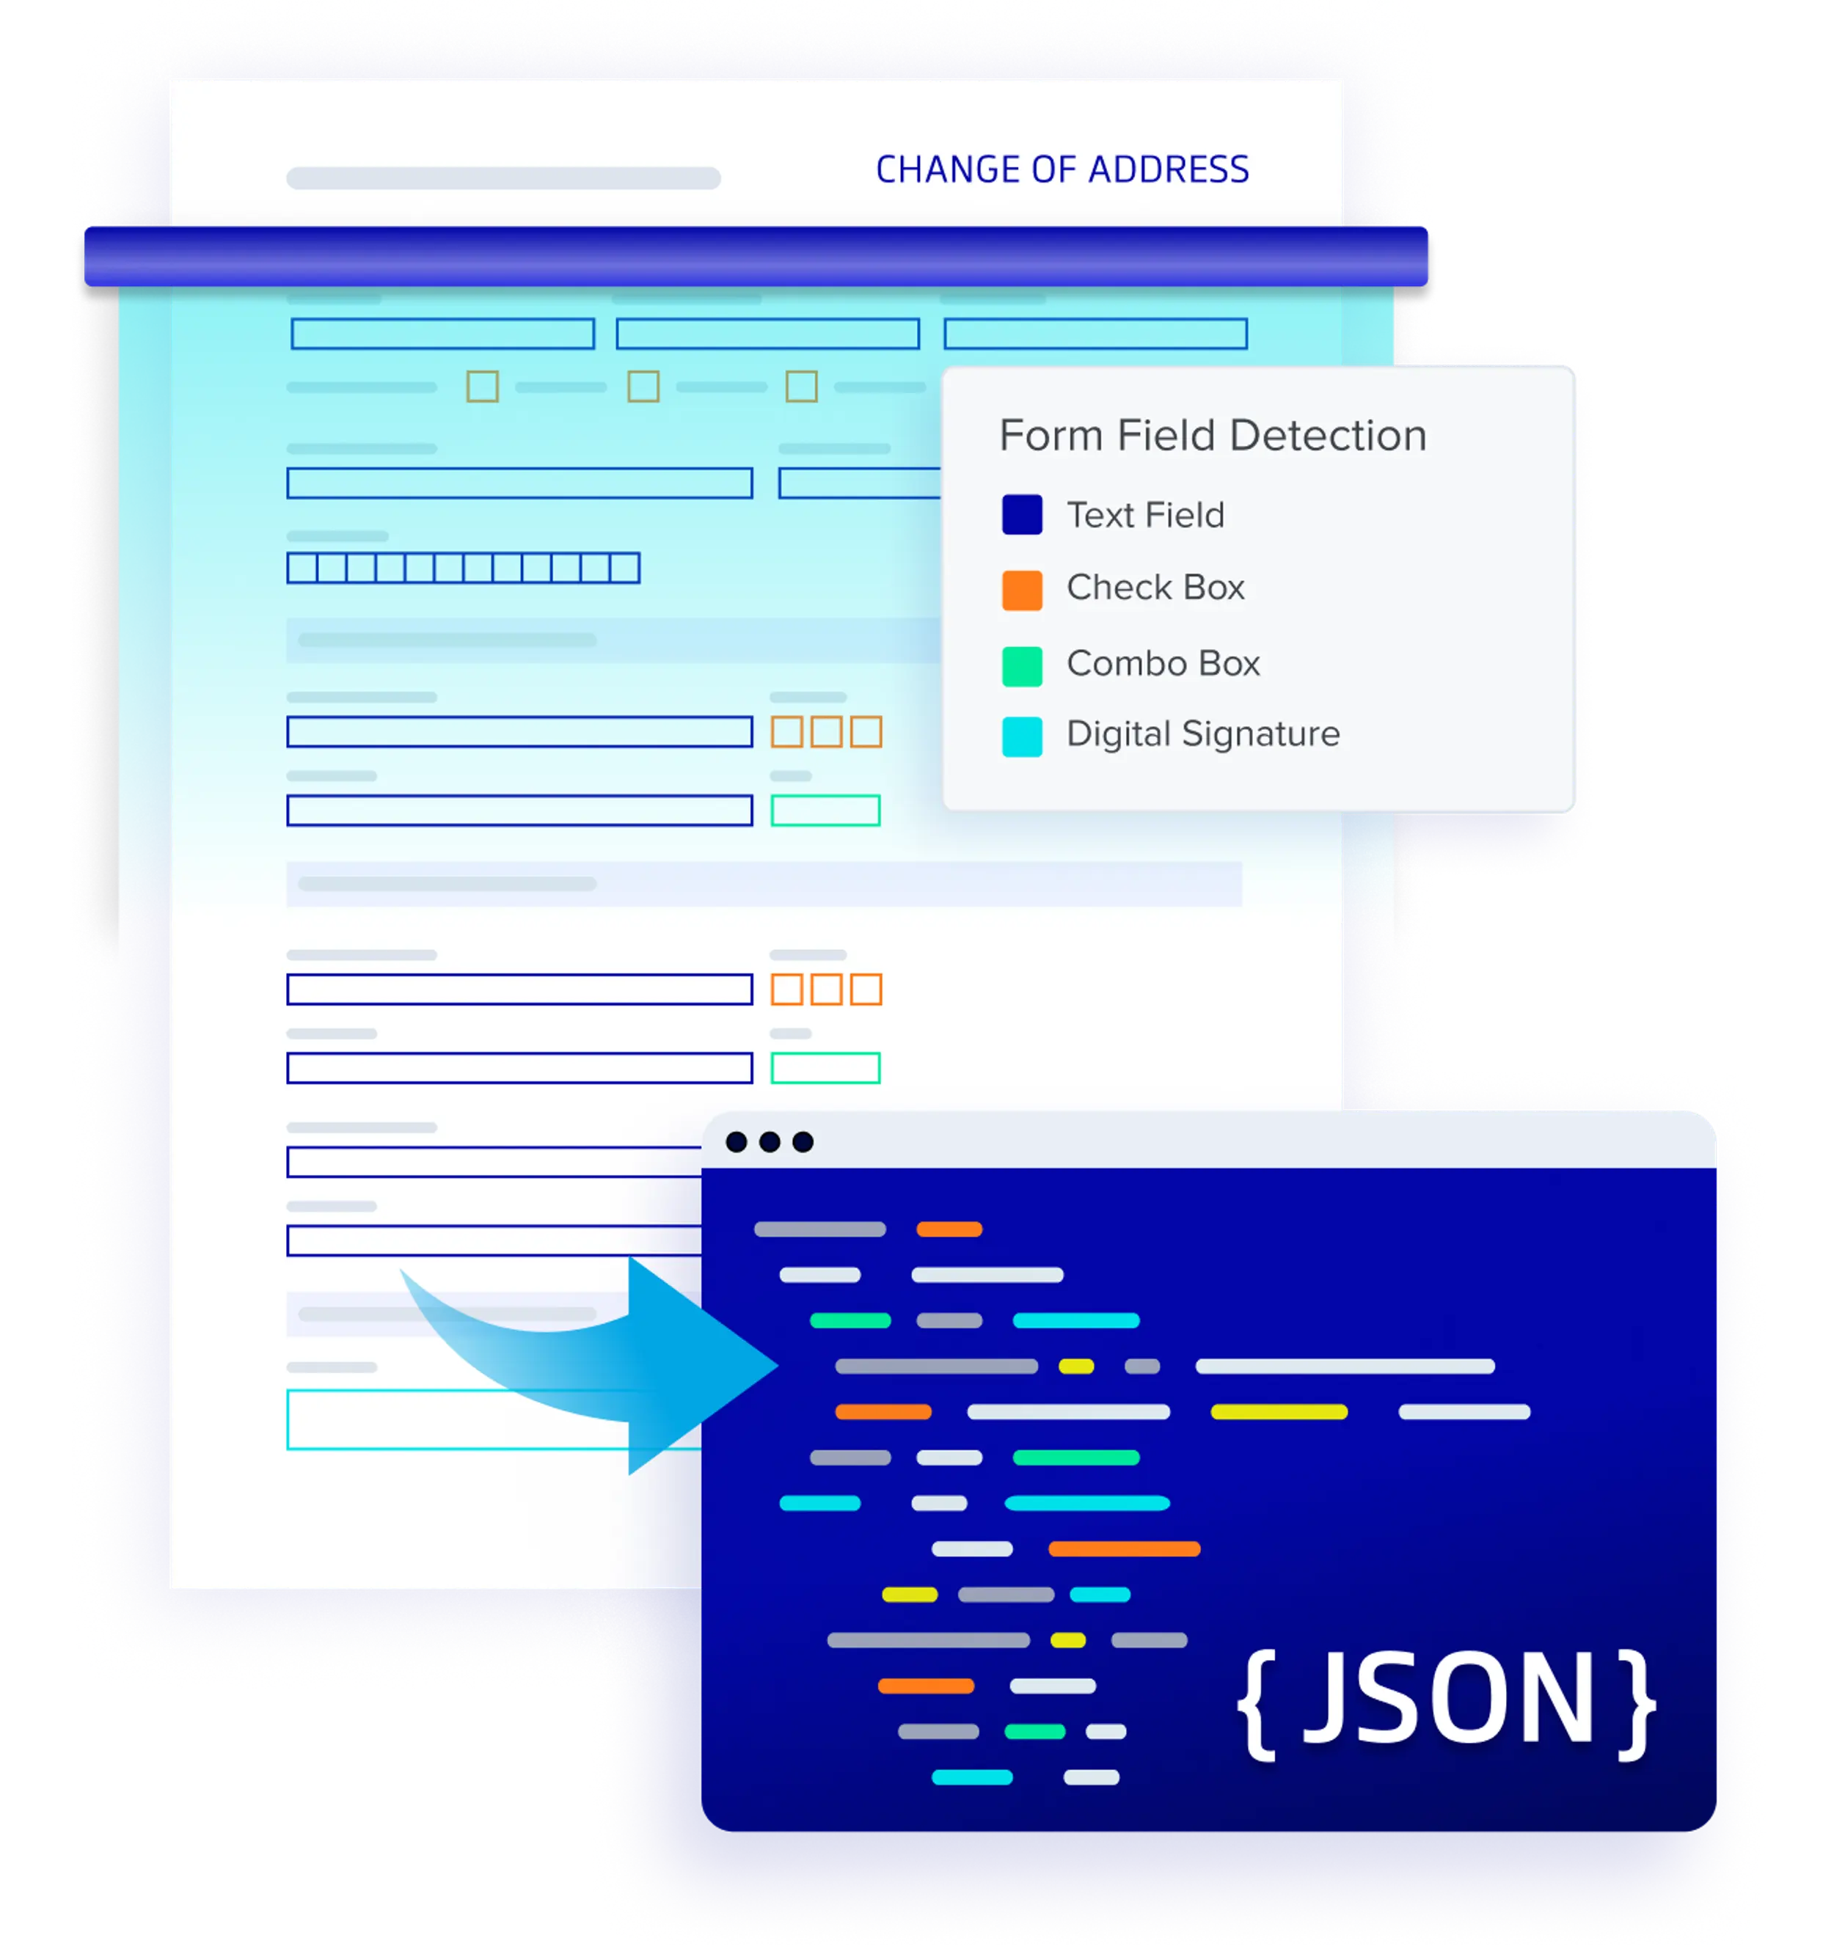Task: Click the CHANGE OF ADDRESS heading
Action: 1062,169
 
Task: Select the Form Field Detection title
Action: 1212,435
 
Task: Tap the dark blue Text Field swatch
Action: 1021,515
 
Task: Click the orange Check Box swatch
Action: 1021,590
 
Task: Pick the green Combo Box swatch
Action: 1021,665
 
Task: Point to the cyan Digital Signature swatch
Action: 1021,737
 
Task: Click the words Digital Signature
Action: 1202,734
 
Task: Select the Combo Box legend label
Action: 1162,664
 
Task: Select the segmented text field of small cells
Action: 463,568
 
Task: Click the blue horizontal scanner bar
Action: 756,257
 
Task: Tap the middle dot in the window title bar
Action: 770,1141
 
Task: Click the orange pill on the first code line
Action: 949,1229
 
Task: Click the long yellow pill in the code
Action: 1279,1411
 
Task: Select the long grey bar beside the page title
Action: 503,178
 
